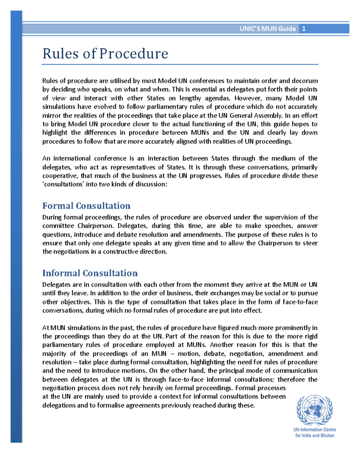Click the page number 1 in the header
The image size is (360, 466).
coord(304,29)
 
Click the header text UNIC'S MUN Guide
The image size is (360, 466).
coord(268,29)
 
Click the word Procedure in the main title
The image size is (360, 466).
coord(134,54)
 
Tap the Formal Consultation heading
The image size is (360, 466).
coord(86,206)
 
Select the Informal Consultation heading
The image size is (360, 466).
coord(90,273)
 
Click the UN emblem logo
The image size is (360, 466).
coord(314,410)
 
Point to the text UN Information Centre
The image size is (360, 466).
coord(314,430)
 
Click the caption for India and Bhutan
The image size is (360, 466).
coord(314,436)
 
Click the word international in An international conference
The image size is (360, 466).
coord(72,158)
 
